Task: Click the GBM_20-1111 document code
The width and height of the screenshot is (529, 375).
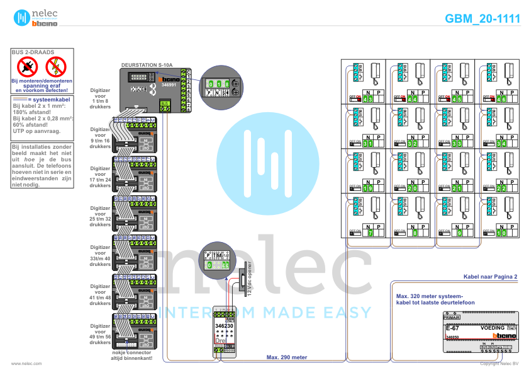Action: pyautogui.click(x=483, y=19)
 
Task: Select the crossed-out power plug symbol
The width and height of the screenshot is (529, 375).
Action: pyautogui.click(x=27, y=65)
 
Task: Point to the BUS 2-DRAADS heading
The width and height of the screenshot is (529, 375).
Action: pyautogui.click(x=33, y=52)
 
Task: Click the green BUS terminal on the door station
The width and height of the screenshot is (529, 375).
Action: pyautogui.click(x=165, y=107)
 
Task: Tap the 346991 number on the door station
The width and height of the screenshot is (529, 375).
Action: pyautogui.click(x=169, y=84)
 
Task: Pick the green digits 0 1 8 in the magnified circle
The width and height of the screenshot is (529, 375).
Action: pyautogui.click(x=218, y=83)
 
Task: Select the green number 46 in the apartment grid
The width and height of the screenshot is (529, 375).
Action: pyautogui.click(x=501, y=99)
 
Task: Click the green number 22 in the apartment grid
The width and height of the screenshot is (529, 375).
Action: pyautogui.click(x=501, y=188)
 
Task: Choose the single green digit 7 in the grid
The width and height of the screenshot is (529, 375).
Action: pyautogui.click(x=370, y=233)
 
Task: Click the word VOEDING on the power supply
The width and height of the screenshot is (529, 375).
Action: pyautogui.click(x=493, y=328)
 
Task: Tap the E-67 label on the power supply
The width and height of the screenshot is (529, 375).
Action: pyautogui.click(x=452, y=328)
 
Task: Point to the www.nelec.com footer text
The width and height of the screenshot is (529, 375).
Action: pyautogui.click(x=26, y=364)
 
